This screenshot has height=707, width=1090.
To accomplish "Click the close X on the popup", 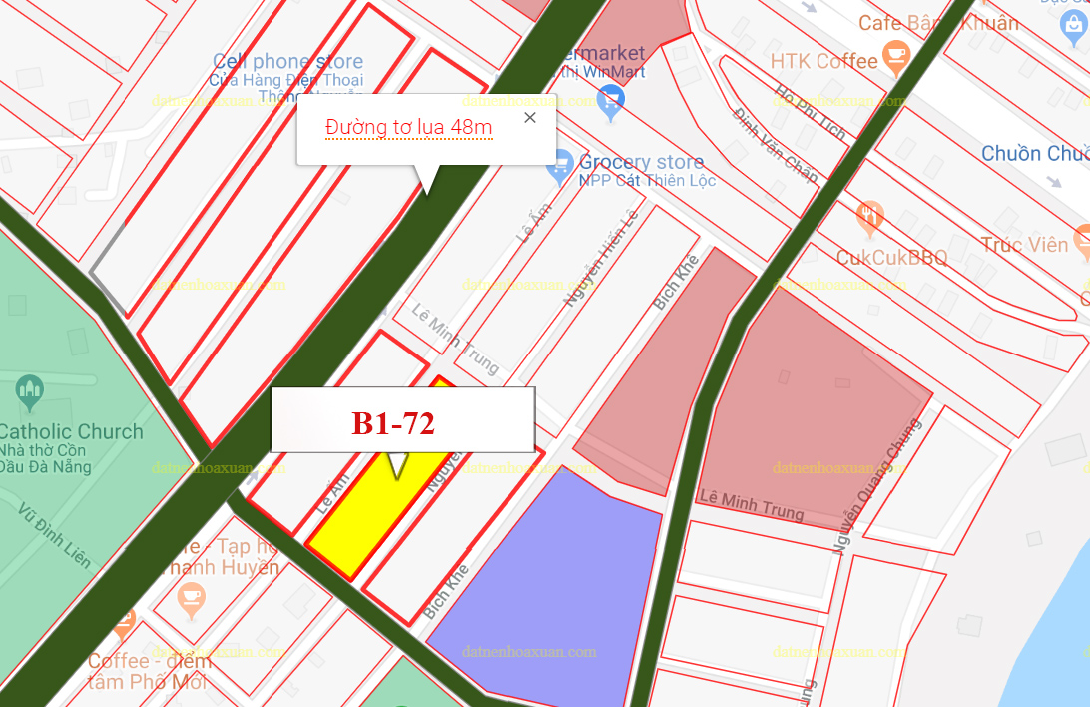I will (530, 118).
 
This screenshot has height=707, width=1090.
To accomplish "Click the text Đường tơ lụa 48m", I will (408, 127).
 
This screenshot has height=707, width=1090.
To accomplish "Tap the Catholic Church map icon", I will (30, 390).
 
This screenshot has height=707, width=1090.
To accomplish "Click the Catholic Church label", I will (71, 432).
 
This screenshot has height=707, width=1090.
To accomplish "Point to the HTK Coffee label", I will (823, 61).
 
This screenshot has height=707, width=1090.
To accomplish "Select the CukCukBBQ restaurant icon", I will (870, 216).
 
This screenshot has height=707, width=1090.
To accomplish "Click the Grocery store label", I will (641, 162).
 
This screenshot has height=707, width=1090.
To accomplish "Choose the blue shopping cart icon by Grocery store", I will (561, 162).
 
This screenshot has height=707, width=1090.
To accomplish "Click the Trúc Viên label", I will (1023, 244).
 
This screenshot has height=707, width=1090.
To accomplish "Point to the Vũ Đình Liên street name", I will (55, 534).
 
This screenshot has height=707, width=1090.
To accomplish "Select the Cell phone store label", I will (286, 62).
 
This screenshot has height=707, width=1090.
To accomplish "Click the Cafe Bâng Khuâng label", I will (938, 22).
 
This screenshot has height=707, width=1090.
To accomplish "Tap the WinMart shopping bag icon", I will (610, 98).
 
